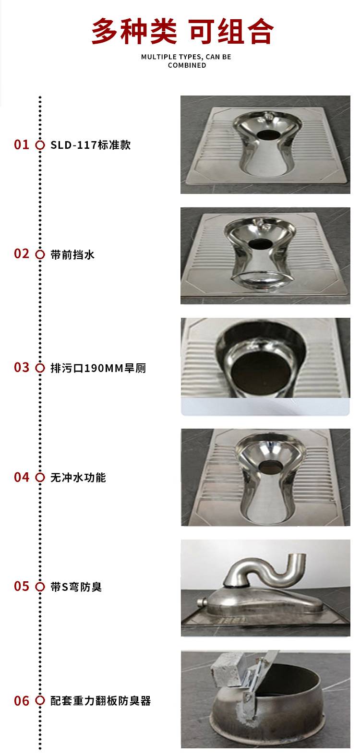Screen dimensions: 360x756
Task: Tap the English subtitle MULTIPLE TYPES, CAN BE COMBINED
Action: [186, 61]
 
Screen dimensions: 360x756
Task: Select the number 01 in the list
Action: [22, 145]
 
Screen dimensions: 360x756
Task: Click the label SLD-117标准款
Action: [90, 145]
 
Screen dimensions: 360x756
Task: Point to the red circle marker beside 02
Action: [40, 254]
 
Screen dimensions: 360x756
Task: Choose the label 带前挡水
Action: [72, 255]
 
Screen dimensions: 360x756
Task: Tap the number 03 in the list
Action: [22, 368]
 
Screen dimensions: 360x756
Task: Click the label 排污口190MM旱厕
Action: [98, 368]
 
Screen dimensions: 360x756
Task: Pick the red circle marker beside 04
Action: [40, 477]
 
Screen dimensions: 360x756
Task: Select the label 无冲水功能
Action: [78, 478]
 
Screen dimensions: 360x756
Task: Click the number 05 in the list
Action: [22, 586]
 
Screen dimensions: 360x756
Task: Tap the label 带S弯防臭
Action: [76, 587]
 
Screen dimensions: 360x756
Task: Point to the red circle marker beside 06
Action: [40, 701]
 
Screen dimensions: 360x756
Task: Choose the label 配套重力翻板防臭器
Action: [100, 701]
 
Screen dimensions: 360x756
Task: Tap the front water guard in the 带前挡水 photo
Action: [262, 278]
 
